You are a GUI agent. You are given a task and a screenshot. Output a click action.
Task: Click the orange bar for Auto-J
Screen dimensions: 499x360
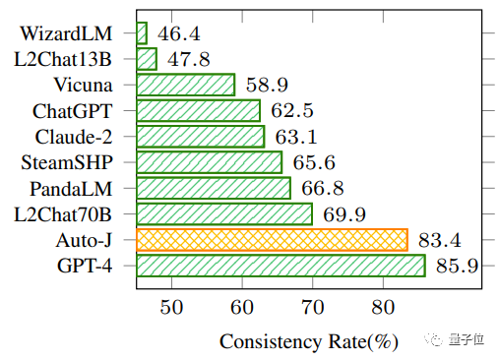[272, 240]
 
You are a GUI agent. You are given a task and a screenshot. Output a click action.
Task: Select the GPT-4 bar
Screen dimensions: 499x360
[281, 266]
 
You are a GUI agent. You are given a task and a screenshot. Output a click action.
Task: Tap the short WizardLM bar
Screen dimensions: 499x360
[142, 33]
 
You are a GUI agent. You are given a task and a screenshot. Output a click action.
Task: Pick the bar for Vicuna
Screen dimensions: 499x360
[186, 85]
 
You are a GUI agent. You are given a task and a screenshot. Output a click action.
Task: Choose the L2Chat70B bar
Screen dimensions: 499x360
[224, 214]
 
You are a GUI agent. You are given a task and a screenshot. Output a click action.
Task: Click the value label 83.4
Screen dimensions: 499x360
[439, 240]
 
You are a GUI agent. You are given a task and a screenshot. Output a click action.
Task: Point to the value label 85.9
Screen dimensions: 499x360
[457, 266]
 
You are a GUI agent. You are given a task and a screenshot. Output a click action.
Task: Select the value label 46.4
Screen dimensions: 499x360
[179, 33]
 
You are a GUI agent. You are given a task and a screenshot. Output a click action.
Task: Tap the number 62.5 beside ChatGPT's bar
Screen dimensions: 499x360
[292, 110]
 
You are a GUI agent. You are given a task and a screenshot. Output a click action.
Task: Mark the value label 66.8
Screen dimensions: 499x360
[323, 188]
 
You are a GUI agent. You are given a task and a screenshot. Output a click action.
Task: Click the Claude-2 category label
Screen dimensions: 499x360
[74, 137]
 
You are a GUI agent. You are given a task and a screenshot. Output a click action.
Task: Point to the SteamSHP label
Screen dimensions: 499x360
[67, 162]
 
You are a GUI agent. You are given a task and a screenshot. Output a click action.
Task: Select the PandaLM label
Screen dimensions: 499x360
[71, 189]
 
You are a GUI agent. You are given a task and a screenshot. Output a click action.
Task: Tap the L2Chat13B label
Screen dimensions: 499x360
[63, 59]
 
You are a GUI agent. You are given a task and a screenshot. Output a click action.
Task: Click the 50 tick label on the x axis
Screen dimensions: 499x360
[171, 308]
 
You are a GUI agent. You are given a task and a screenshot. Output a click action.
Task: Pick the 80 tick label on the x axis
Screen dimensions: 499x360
[383, 308]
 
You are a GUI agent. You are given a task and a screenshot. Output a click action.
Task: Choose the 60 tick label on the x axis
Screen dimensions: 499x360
[242, 308]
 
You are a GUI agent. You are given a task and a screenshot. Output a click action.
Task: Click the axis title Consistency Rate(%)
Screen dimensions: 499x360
[309, 342]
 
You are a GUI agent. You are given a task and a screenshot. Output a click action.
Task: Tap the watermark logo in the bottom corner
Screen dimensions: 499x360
[433, 339]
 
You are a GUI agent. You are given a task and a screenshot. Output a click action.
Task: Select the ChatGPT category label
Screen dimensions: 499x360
[73, 111]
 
